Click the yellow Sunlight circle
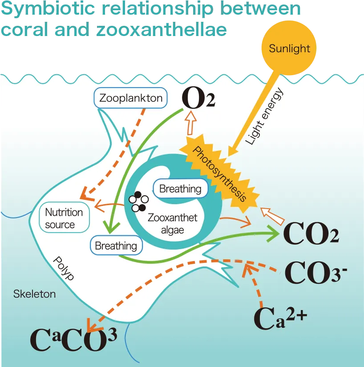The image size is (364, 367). (289, 48)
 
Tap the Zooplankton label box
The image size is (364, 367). (131, 98)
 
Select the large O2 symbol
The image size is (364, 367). (198, 98)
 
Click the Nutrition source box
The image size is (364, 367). (64, 218)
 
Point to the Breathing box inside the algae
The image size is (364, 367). (180, 189)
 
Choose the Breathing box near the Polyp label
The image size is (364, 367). (116, 246)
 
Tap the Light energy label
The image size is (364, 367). (264, 116)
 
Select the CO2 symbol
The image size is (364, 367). (311, 234)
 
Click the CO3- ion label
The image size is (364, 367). (315, 272)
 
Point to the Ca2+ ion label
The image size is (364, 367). (280, 317)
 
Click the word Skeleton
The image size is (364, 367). (34, 294)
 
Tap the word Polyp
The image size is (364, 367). (64, 268)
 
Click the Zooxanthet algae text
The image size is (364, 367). (173, 224)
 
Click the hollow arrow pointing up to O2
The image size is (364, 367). (191, 122)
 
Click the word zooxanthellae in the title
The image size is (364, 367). (162, 29)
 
